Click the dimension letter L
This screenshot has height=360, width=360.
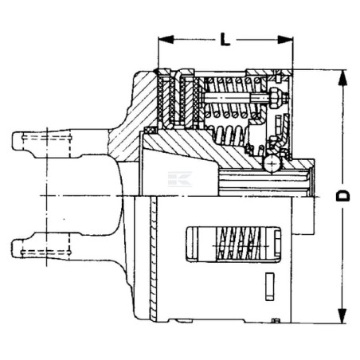click(x=225, y=40)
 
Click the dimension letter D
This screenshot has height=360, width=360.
click(x=343, y=196)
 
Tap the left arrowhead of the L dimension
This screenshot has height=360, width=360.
click(x=166, y=40)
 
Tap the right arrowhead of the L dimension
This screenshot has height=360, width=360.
click(x=285, y=40)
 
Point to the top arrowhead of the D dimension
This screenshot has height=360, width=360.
click(x=342, y=77)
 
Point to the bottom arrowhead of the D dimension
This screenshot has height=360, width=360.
click(x=342, y=315)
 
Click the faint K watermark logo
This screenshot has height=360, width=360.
click(x=180, y=179)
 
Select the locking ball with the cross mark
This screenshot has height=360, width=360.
click(x=272, y=164)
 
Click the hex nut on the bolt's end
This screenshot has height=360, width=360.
click(x=275, y=98)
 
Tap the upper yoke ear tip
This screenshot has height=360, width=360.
click(x=17, y=141)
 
